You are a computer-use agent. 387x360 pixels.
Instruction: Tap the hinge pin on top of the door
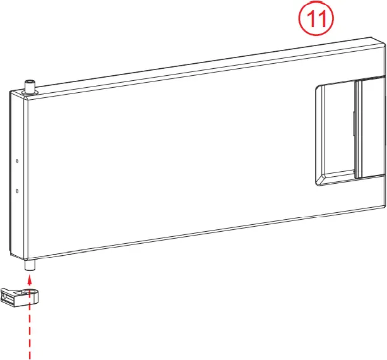click(x=29, y=85)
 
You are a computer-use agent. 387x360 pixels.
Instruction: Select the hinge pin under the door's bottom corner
click(x=29, y=266)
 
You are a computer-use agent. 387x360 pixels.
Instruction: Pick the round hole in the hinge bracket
click(x=27, y=291)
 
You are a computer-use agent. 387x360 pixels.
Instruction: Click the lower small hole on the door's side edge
click(x=17, y=191)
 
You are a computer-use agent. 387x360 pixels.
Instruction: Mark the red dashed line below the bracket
click(x=29, y=335)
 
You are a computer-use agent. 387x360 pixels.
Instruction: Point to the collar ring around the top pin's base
click(x=30, y=92)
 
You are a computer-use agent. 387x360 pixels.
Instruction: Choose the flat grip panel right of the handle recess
click(x=371, y=126)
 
